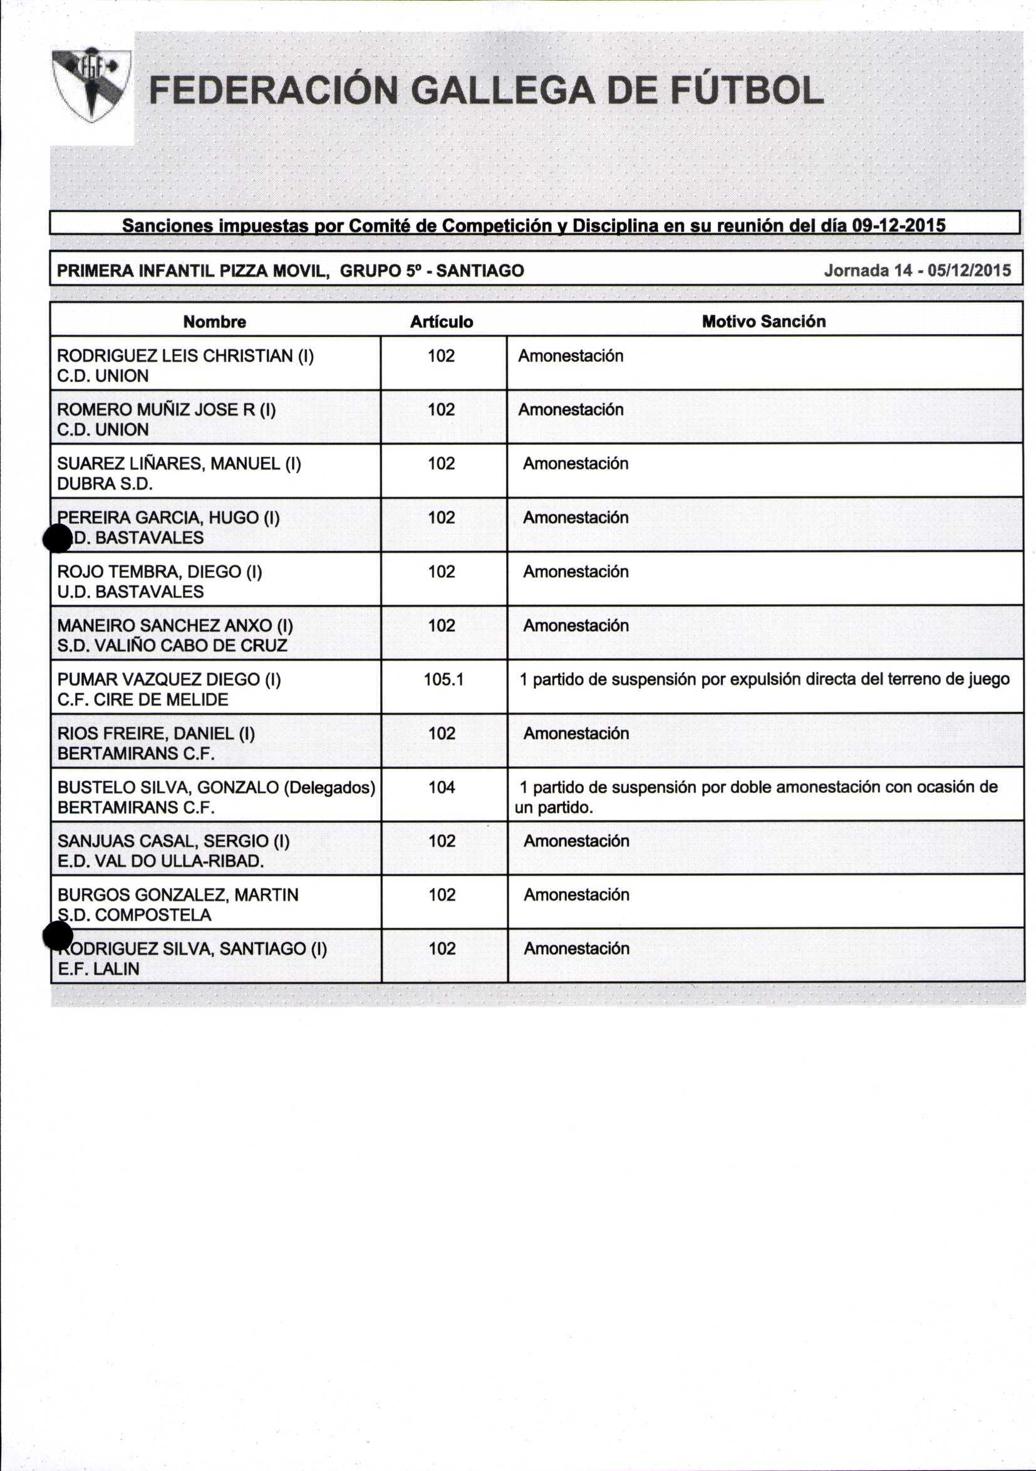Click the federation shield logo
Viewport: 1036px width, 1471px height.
(91, 85)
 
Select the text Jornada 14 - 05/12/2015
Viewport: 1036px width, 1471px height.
(917, 270)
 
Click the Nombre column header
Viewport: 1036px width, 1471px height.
(214, 322)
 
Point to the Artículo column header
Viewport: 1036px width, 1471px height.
(441, 322)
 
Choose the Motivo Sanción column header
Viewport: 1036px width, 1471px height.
(764, 322)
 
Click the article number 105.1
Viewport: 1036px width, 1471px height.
(443, 679)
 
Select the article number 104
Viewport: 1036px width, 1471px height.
(442, 787)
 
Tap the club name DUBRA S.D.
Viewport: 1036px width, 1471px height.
(105, 484)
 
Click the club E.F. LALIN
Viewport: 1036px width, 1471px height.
(98, 969)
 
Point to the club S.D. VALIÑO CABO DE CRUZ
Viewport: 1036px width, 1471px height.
(172, 645)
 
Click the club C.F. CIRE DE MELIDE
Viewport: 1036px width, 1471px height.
(142, 699)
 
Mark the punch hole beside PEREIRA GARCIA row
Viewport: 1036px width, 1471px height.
(58, 538)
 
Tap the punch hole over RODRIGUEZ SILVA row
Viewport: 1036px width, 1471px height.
(58, 936)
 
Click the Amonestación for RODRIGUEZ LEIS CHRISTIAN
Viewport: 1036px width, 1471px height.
(571, 355)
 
